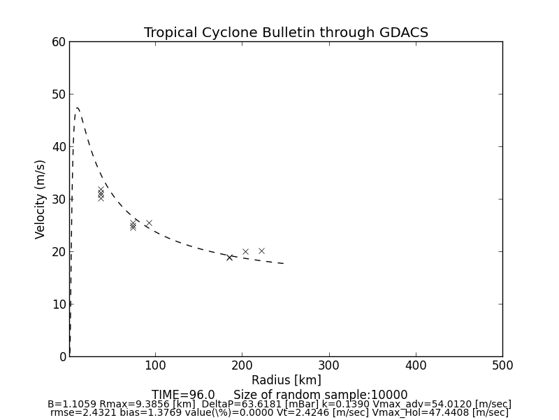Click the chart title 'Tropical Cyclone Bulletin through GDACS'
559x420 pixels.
(x=286, y=33)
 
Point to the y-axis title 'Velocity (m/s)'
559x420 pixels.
(x=41, y=199)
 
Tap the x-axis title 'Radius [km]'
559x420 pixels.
(x=286, y=380)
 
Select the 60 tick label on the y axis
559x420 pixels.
(x=58, y=42)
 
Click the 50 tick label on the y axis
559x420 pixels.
(x=58, y=94)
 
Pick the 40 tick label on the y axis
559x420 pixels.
(x=58, y=147)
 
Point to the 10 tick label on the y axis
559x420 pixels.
(x=58, y=304)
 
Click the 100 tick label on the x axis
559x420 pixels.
(x=155, y=365)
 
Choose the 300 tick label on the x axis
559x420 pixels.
(x=328, y=365)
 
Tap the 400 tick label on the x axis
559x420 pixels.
(x=416, y=365)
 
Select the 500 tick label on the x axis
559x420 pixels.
(x=502, y=365)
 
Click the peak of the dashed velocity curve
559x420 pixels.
(x=78, y=108)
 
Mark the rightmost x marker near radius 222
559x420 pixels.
(x=261, y=251)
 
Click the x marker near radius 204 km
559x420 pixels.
(x=245, y=251)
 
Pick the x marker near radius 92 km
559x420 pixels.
(x=149, y=223)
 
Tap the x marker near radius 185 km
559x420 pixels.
(x=229, y=258)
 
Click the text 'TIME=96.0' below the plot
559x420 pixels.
(x=183, y=395)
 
